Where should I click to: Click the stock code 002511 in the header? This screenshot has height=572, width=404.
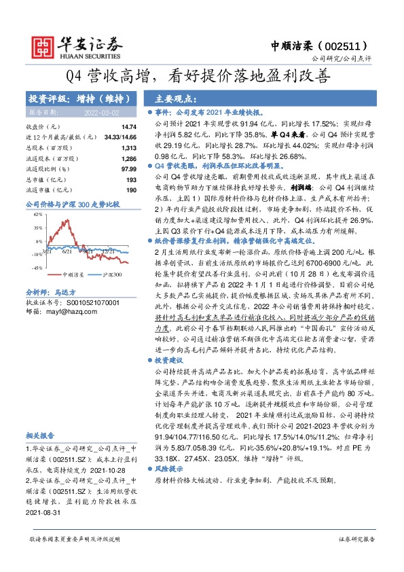click(x=345, y=46)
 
